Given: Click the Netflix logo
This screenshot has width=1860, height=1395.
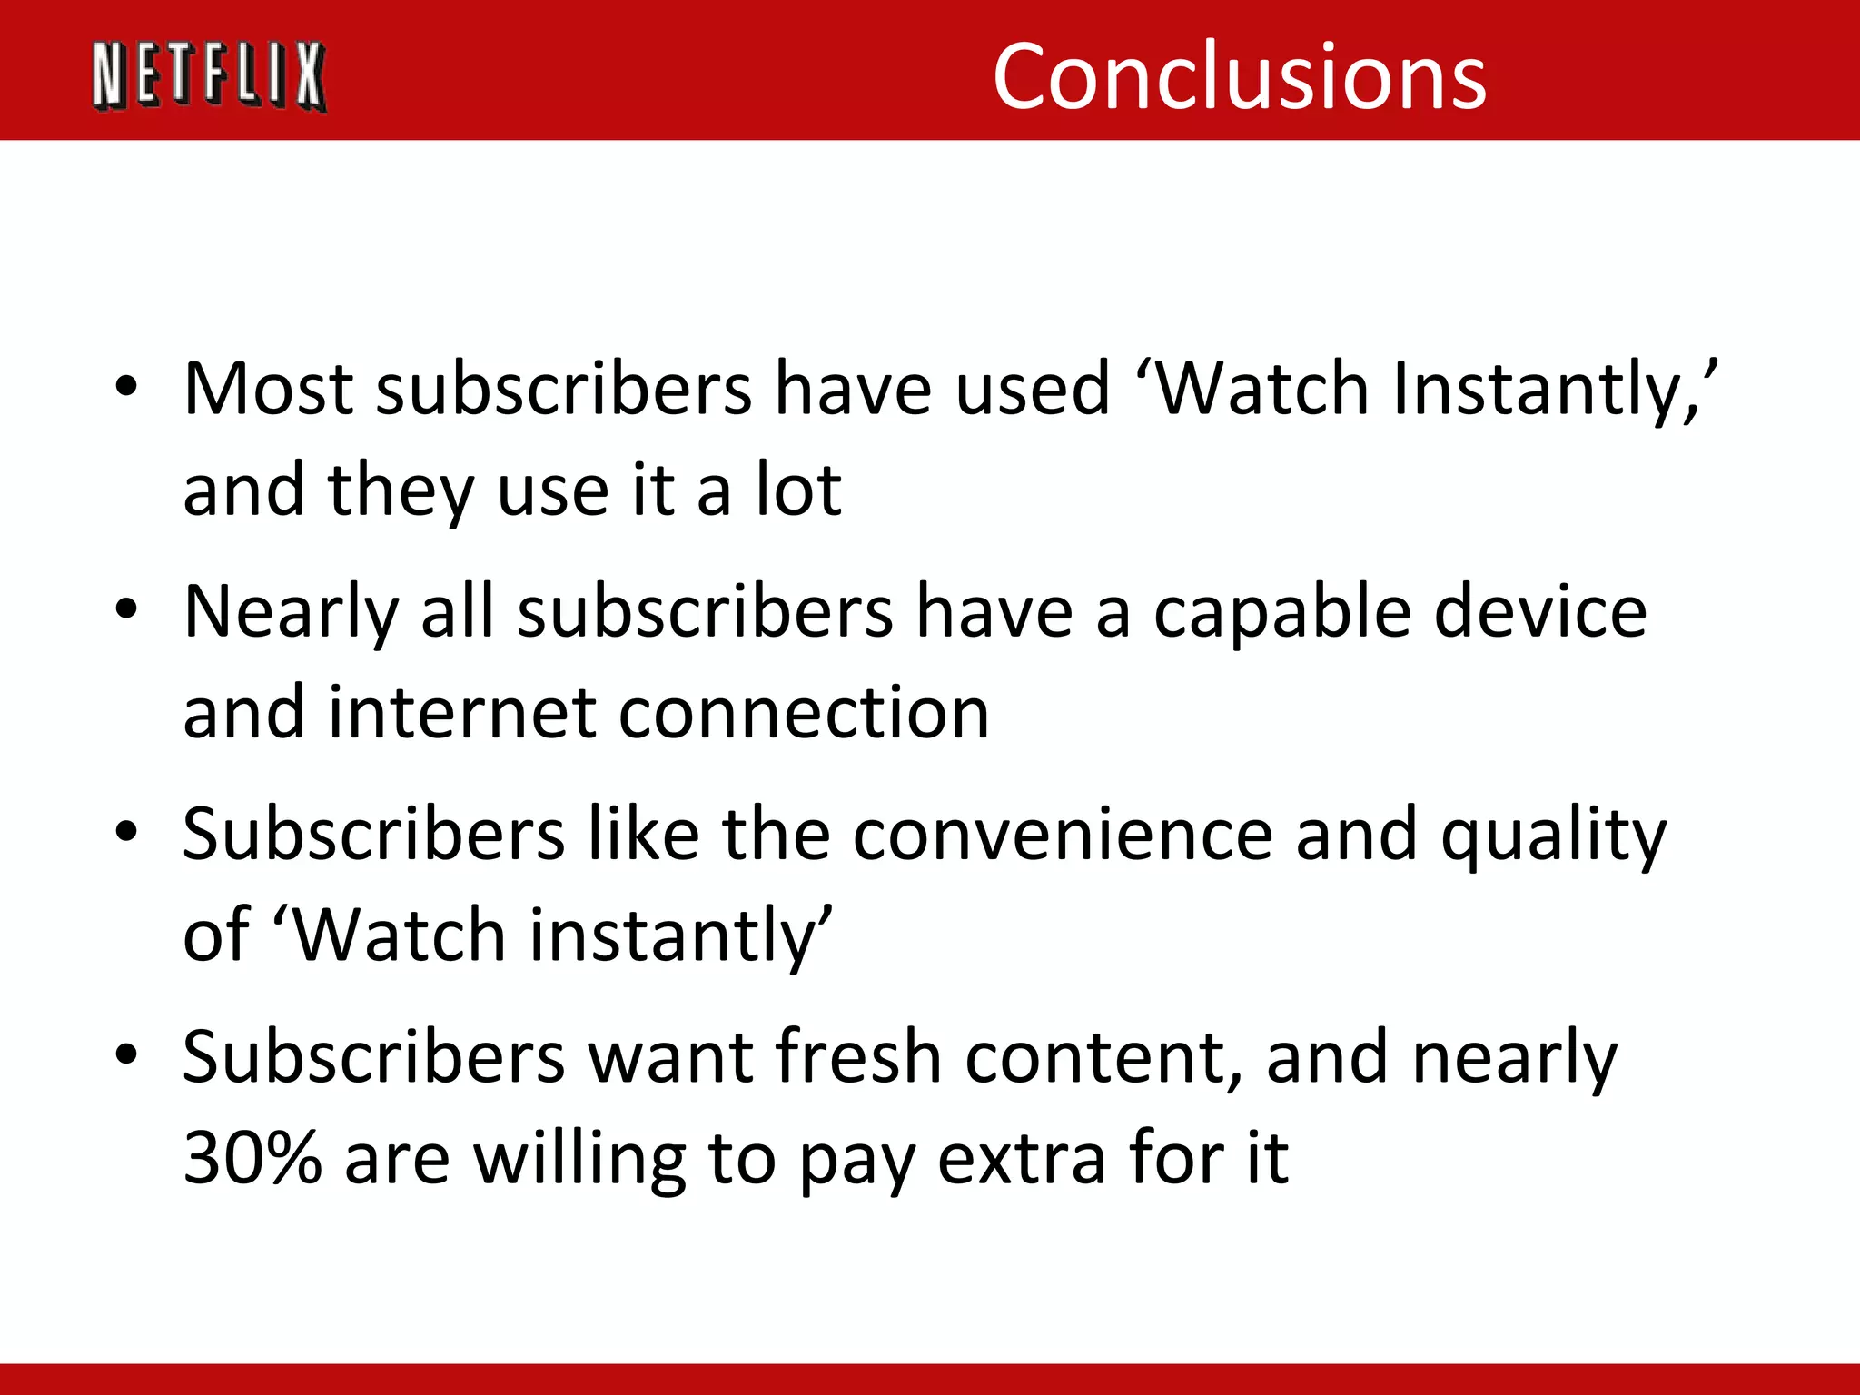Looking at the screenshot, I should (x=209, y=76).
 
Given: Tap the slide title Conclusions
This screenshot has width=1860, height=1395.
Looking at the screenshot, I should (x=1239, y=76).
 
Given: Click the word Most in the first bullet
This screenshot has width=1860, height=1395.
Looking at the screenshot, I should (x=268, y=389).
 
